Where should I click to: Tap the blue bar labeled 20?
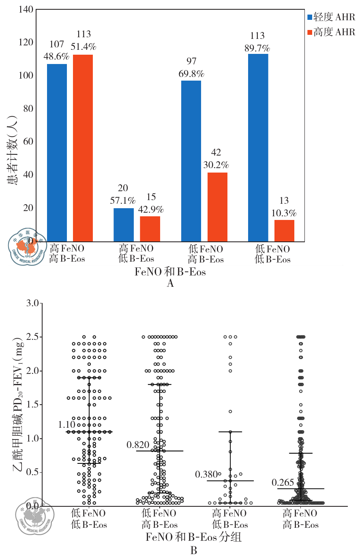click(x=124, y=225)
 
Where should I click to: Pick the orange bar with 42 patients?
click(x=217, y=207)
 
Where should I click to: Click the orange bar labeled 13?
click(x=284, y=230)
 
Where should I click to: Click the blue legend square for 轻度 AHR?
click(x=310, y=17)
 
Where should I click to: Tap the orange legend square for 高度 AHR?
click(x=310, y=32)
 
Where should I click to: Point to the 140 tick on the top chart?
click(x=26, y=9)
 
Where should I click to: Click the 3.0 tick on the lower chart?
click(x=32, y=303)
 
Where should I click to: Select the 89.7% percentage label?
click(x=257, y=48)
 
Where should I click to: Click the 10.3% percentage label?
click(x=284, y=213)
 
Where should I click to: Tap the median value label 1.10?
click(x=67, y=425)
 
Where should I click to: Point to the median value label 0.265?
click(x=283, y=482)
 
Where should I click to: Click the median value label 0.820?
click(x=138, y=445)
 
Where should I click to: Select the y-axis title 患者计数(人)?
click(x=13, y=150)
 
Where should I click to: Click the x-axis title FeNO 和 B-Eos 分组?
click(x=194, y=537)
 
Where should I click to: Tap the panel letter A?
click(x=170, y=283)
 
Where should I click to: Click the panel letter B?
click(x=194, y=550)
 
